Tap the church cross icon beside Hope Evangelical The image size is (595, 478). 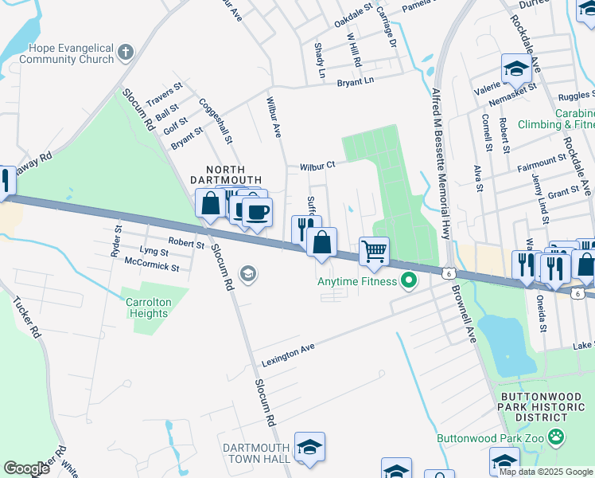[x=125, y=53]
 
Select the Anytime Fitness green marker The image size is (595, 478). [x=410, y=280]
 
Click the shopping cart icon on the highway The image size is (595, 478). [x=374, y=252]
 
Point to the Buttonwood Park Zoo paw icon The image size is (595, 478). [x=555, y=437]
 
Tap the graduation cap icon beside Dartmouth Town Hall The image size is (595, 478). [x=309, y=447]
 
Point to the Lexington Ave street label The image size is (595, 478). [x=289, y=355]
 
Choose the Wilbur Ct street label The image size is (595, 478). [x=318, y=167]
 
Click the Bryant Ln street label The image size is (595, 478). [x=355, y=81]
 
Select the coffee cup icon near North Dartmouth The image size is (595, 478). [x=257, y=212]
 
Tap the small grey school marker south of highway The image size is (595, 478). [x=249, y=275]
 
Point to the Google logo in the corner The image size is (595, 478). [x=26, y=468]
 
